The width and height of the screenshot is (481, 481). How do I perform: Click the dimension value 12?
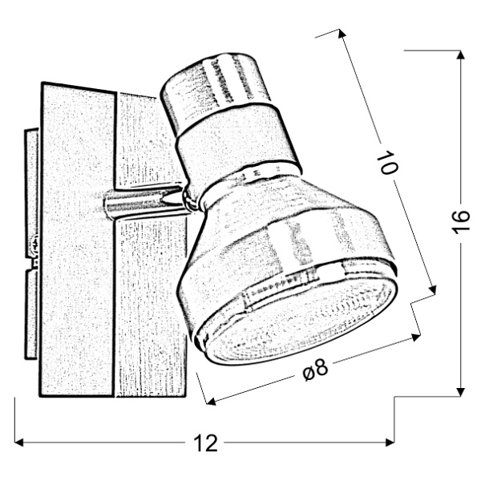point(206,443)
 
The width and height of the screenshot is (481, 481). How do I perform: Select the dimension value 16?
point(459,223)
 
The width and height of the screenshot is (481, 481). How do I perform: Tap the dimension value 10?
point(389,164)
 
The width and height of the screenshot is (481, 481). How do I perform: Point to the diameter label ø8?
point(317,370)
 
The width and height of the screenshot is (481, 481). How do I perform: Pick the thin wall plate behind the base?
point(31,240)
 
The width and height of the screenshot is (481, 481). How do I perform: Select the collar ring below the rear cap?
point(236,148)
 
